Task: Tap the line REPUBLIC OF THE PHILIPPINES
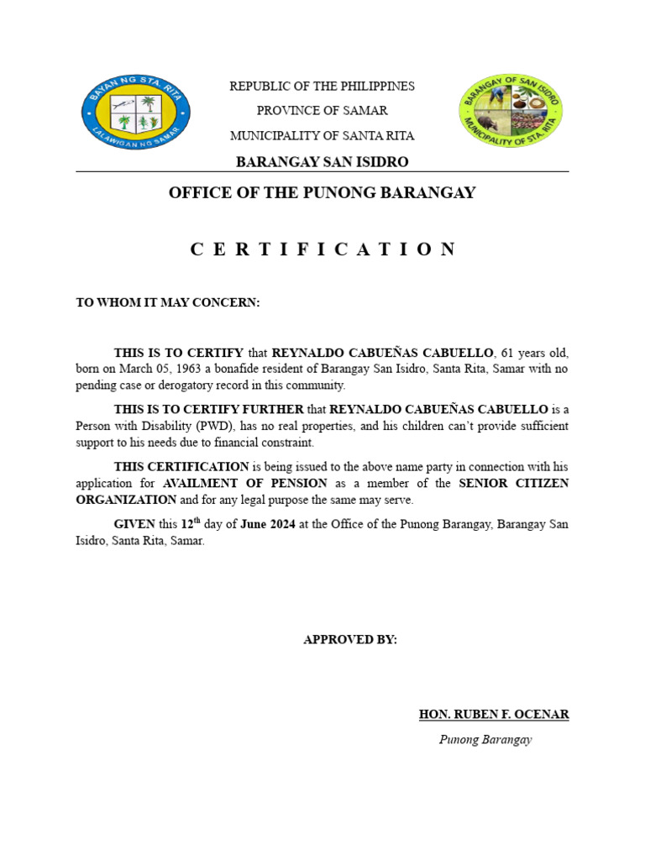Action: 322,87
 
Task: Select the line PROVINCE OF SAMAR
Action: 322,111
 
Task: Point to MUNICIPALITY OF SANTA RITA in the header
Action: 322,135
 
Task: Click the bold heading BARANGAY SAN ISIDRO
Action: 322,161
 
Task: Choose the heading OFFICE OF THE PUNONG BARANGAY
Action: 322,193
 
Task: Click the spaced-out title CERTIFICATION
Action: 322,249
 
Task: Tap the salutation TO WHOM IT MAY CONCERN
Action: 168,302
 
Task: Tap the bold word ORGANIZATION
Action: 126,500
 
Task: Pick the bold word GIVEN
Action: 134,524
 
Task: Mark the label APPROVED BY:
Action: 350,640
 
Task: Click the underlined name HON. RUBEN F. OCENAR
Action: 494,715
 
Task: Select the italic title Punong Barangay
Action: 486,740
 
